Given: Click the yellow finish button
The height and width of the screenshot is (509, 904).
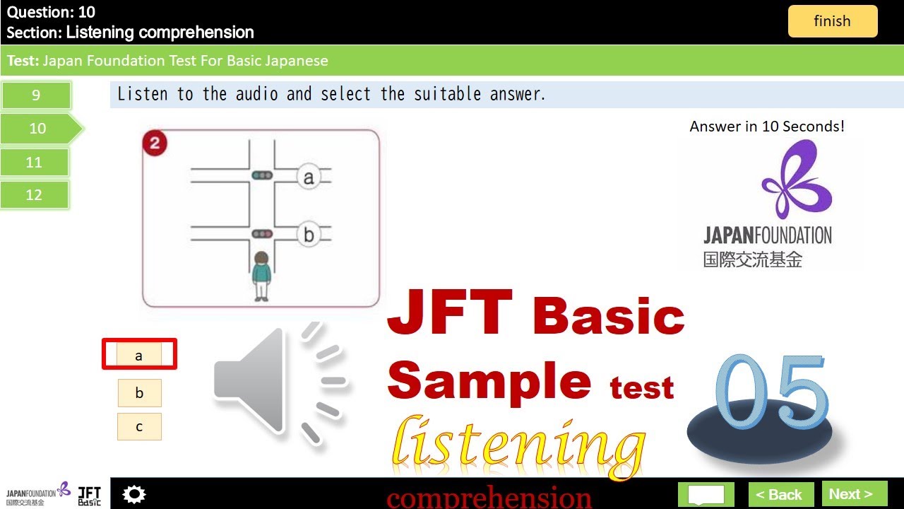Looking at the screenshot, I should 832,21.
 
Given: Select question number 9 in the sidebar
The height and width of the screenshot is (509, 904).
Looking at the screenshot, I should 36,95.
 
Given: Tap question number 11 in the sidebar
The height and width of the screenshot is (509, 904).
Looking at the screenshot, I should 35,163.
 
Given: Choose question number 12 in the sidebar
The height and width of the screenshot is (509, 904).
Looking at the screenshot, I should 35,195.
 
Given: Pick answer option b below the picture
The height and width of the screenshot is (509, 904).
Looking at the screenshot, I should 139,393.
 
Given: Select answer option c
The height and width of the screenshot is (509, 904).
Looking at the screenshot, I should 139,426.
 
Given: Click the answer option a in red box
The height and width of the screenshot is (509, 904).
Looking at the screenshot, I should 139,355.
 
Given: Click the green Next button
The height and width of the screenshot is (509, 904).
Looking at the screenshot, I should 854,494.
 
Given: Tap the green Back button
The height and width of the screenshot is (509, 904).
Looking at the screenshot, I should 780,494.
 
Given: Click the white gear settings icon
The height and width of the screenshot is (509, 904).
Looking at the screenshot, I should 133,494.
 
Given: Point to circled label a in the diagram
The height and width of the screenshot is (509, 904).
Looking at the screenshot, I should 308,177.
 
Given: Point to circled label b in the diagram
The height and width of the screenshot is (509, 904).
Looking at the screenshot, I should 308,235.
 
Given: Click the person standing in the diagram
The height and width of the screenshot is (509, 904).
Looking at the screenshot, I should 261,276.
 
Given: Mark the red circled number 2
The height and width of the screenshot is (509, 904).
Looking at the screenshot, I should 155,144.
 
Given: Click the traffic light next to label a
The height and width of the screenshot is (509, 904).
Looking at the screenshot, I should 262,175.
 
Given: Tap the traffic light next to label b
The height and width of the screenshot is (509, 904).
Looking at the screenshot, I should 262,233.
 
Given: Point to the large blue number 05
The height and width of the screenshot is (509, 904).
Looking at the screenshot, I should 770,396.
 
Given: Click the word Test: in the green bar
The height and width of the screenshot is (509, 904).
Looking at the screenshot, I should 23,61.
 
